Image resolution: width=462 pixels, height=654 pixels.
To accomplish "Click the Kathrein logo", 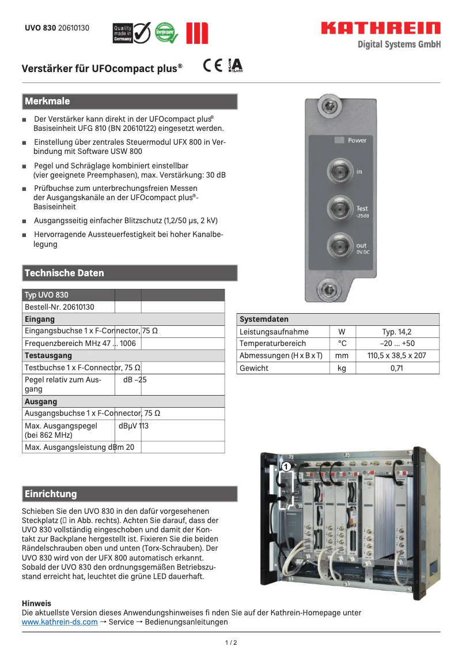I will click(380, 28).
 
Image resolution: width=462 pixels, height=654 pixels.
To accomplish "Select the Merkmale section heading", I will click(47, 102).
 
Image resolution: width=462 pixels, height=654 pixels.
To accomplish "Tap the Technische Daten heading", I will click(64, 273).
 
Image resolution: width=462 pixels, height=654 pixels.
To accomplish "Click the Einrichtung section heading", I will click(51, 494).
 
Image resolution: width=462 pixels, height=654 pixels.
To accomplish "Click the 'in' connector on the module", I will click(339, 171).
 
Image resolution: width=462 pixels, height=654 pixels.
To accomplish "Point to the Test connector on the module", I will click(339, 209).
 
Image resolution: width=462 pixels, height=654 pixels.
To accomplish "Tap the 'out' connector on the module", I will click(339, 246).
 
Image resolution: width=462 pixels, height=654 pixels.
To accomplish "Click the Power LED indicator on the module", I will click(339, 140).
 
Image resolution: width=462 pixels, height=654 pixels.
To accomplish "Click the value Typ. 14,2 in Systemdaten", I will click(397, 332).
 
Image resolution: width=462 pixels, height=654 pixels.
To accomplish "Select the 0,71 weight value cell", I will click(397, 368).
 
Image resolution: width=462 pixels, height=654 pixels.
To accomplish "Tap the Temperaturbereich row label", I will click(273, 344).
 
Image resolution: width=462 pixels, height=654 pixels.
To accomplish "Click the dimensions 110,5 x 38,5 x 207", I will click(397, 356).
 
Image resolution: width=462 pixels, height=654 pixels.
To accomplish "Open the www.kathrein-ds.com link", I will click(59, 622).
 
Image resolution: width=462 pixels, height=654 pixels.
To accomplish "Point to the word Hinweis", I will click(36, 603).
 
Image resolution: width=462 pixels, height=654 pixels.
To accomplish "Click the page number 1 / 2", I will click(230, 642).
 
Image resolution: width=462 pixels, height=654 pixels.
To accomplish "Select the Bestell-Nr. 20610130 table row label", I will click(59, 307).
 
